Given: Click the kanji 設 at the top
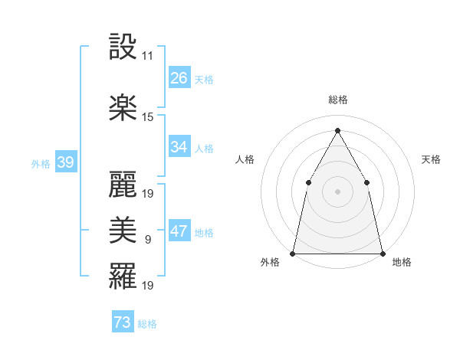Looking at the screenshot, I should click(123, 48).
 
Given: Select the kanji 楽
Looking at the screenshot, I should click(123, 108).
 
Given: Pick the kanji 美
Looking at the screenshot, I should click(123, 230).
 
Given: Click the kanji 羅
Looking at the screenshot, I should click(123, 276).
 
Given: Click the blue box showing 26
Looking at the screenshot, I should click(179, 78).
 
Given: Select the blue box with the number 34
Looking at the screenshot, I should click(179, 147).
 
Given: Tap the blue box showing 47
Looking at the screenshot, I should click(179, 231).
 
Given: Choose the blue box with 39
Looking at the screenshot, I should click(65, 162).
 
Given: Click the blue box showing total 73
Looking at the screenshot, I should click(123, 322).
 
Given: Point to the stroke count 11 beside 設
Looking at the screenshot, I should click(147, 56).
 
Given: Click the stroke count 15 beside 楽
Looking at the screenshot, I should click(148, 116).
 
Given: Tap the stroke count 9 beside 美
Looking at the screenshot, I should click(147, 239).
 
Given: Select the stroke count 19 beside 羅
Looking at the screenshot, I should click(148, 285).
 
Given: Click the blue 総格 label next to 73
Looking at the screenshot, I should click(148, 324).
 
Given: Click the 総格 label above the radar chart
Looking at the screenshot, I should click(337, 100).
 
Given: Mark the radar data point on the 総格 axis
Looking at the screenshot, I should click(337, 129).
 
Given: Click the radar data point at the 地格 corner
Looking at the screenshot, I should click(382, 253).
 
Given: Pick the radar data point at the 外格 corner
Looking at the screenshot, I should click(293, 253).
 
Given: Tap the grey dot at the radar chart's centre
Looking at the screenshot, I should click(337, 191).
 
